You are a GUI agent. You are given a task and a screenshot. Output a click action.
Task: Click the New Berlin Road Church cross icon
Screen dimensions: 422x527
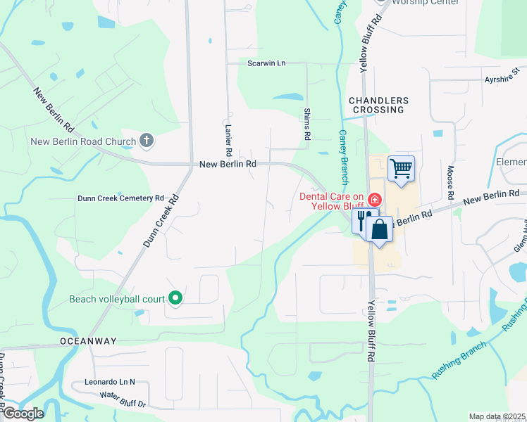point(147,141)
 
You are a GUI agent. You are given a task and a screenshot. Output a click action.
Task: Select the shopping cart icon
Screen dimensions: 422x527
point(401,168)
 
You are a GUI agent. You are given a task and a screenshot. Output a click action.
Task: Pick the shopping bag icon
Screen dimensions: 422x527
point(379,229)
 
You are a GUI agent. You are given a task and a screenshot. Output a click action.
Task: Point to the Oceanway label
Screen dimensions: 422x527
point(88,341)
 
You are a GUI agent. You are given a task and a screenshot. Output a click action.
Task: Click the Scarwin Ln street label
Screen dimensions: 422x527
point(266,63)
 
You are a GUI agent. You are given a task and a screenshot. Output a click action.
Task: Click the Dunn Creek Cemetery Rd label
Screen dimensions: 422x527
point(120,198)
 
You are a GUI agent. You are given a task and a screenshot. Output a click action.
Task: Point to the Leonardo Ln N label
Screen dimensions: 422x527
point(109,382)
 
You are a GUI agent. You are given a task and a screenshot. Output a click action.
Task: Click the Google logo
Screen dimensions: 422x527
point(23,414)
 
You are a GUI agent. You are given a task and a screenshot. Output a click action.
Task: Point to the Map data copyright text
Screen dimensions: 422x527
point(497,416)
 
